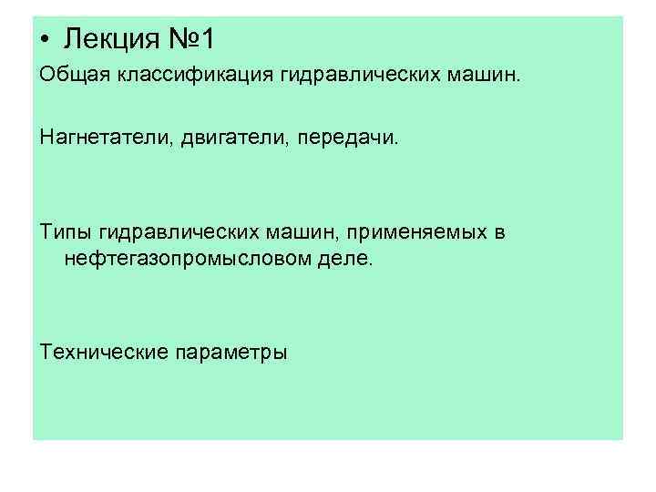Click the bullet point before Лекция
[x=46, y=40]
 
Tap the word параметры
[x=232, y=352]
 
